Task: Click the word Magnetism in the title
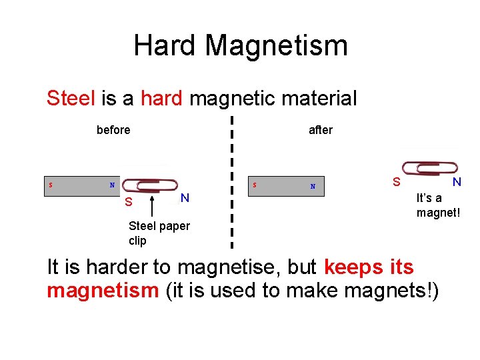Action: pyautogui.click(x=276, y=45)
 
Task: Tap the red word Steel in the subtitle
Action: pyautogui.click(x=71, y=99)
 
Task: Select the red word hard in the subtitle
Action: pyautogui.click(x=161, y=99)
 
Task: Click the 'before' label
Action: pyautogui.click(x=113, y=130)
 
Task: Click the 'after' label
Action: pyautogui.click(x=321, y=130)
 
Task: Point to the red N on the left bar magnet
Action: pyautogui.click(x=112, y=185)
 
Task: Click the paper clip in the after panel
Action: pyautogui.click(x=429, y=168)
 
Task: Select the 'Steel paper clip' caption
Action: pyautogui.click(x=159, y=233)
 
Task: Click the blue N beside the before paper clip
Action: pyautogui.click(x=185, y=197)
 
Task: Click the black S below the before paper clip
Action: pyautogui.click(x=129, y=202)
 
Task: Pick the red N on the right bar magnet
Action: pyautogui.click(x=313, y=186)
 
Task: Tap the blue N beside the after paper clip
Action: pyautogui.click(x=457, y=181)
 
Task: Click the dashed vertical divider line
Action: pyautogui.click(x=231, y=180)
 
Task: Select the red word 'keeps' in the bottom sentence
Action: pyautogui.click(x=354, y=267)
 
